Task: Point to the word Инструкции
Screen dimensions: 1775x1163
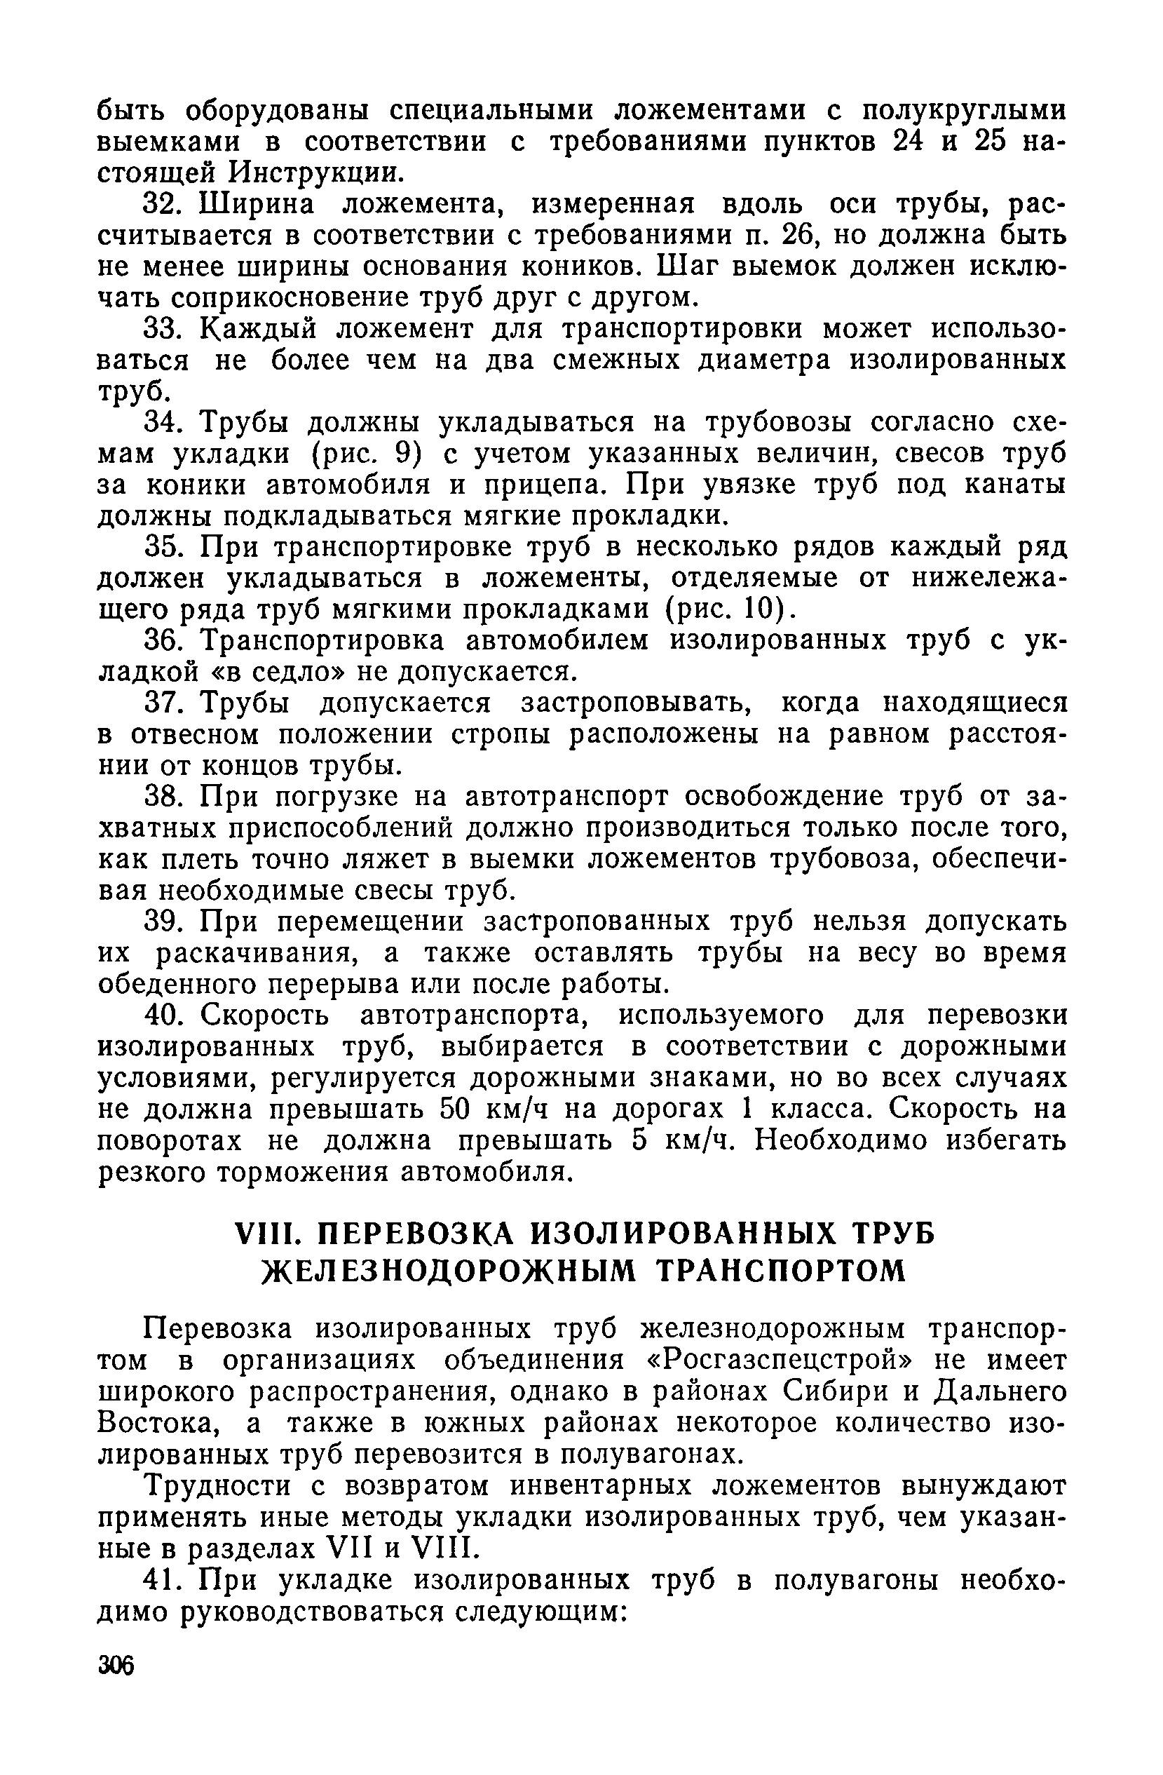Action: [x=318, y=173]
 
